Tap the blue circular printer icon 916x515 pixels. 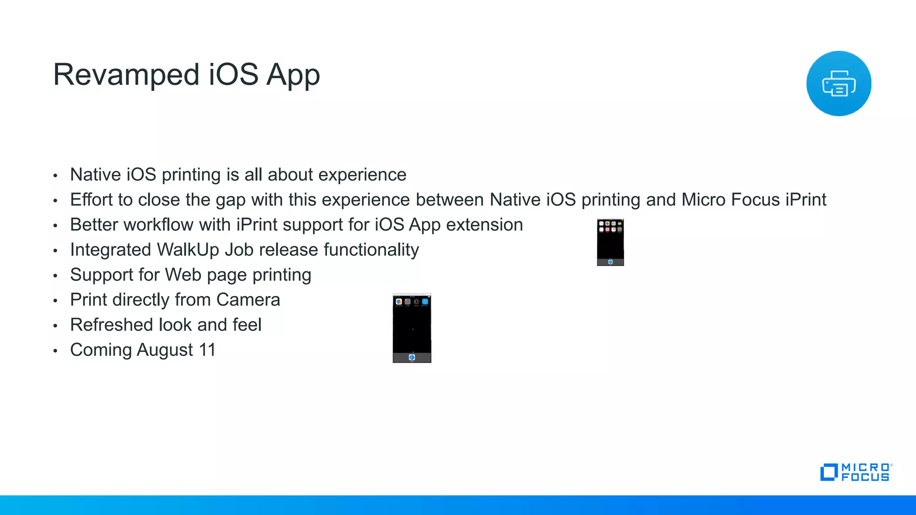(x=839, y=84)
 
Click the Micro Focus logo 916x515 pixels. (x=856, y=473)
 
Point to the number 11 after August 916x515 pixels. (x=207, y=350)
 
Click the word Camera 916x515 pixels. (x=248, y=300)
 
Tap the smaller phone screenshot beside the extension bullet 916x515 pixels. (x=610, y=242)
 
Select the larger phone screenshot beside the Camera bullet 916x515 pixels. (x=412, y=328)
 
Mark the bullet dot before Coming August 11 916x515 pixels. (x=55, y=351)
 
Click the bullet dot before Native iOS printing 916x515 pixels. (x=55, y=176)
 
